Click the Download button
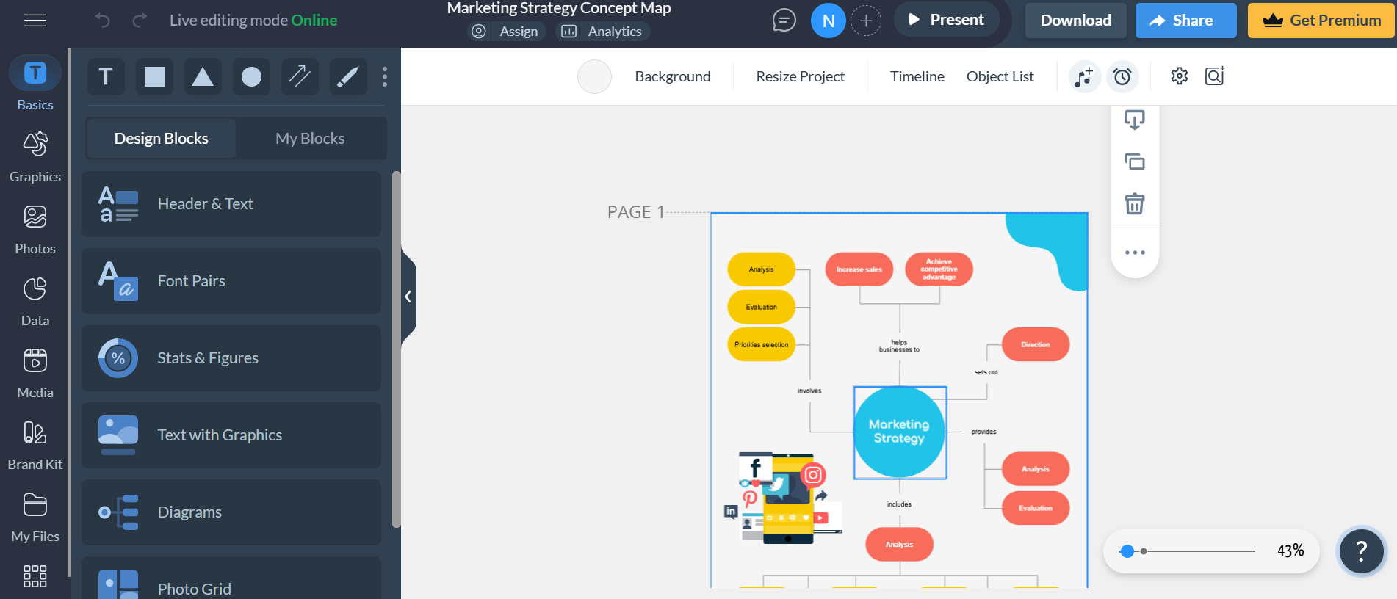tap(1075, 21)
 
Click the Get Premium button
tap(1321, 21)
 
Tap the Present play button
tap(946, 20)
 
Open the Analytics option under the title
tap(602, 32)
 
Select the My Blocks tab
tap(310, 139)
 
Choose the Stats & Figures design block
tap(231, 358)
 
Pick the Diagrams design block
tap(231, 512)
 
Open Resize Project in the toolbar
tap(800, 76)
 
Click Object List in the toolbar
tap(1000, 76)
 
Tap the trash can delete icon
tap(1135, 203)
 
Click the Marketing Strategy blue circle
tap(899, 432)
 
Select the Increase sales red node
tap(859, 269)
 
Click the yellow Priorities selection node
tap(761, 344)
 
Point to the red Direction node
tap(1035, 344)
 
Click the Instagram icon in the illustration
tap(813, 475)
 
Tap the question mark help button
tap(1360, 551)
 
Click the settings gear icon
tap(1179, 76)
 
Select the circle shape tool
tap(251, 77)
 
